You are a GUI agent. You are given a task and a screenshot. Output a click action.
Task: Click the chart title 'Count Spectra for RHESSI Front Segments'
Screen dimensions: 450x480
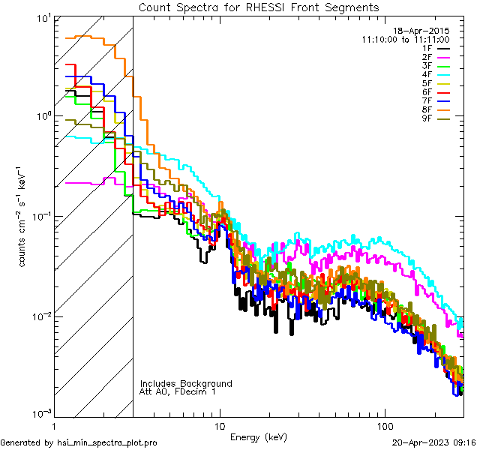click(259, 7)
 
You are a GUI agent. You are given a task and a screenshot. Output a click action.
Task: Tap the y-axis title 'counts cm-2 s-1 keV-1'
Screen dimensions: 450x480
click(23, 216)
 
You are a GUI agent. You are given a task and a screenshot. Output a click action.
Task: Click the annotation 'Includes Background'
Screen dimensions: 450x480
click(186, 383)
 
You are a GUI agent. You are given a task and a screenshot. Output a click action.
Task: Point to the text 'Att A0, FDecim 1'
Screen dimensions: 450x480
click(178, 391)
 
